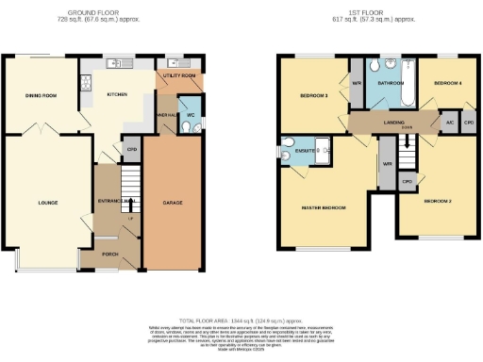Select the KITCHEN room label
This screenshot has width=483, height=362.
point(117,94)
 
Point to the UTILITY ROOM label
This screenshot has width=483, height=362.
point(177,74)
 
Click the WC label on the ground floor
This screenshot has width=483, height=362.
point(190,117)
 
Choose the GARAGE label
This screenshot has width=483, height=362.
point(173,203)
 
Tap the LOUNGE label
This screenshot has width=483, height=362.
point(48,203)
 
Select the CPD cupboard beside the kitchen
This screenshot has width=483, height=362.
point(131,149)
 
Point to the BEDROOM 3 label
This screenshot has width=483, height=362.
point(314,95)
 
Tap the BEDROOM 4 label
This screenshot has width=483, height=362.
point(446,84)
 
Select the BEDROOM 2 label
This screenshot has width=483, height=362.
point(437,202)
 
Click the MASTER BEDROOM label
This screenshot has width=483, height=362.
point(323,207)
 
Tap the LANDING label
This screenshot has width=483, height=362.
point(392,121)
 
